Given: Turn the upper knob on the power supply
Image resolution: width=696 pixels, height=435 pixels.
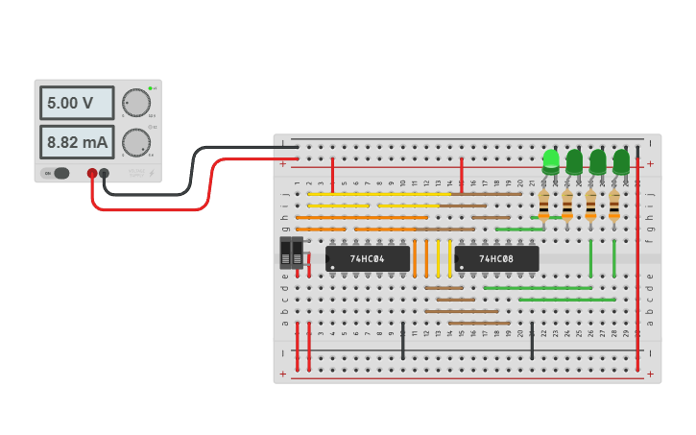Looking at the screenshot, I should [135, 102].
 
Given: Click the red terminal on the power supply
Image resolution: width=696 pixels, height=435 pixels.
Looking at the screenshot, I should [92, 174].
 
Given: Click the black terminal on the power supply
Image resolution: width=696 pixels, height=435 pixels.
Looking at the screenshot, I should [105, 174].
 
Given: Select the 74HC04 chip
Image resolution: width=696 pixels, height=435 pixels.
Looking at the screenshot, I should [368, 258].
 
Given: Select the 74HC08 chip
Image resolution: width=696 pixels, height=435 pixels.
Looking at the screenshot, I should [496, 258].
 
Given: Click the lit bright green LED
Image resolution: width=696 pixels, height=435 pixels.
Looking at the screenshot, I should [551, 159].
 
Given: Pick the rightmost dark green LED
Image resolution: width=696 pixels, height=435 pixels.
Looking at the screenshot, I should [621, 160].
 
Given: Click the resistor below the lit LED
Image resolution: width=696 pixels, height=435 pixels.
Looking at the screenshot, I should [544, 205].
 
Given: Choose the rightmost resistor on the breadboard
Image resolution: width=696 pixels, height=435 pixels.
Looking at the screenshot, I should [614, 205].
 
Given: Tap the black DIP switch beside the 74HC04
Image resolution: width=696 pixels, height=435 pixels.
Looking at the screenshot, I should [291, 254].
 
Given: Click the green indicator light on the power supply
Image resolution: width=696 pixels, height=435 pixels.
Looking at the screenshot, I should [151, 88].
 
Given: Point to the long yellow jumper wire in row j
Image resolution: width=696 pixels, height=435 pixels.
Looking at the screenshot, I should [379, 194].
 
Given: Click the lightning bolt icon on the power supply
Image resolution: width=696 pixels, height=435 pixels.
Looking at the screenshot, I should [150, 173].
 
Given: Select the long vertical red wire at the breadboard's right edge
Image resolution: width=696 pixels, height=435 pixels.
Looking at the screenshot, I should [637, 269].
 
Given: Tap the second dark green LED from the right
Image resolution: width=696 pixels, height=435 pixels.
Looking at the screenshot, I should [597, 160].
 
